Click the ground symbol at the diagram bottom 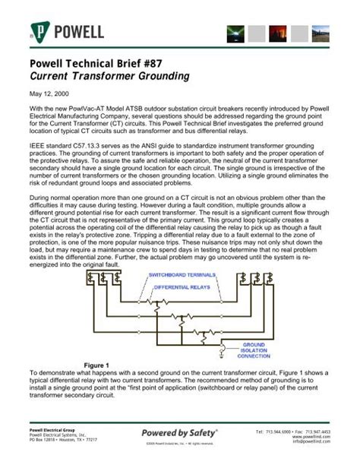click(222, 352)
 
